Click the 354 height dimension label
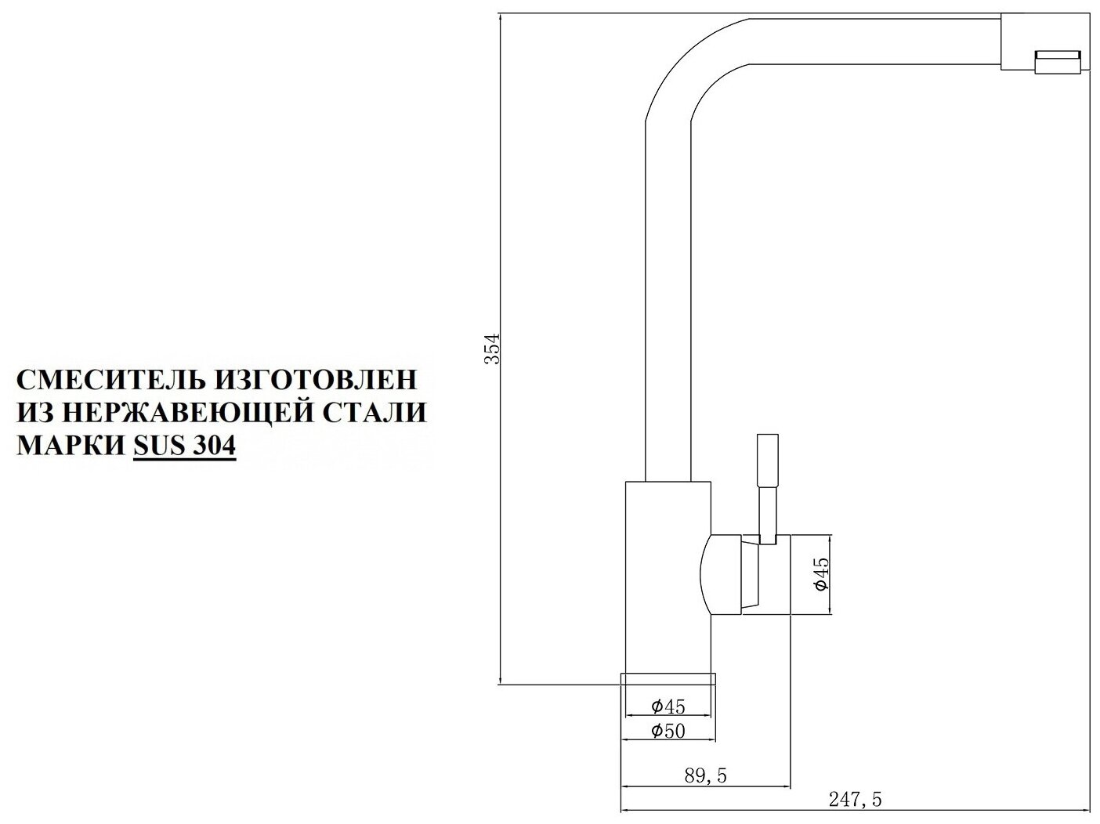click(491, 349)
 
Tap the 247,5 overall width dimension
click(860, 800)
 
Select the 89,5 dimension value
click(705, 775)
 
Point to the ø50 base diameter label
click(668, 732)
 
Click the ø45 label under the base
click(668, 707)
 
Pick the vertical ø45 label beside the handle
click(820, 574)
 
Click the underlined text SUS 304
click(184, 445)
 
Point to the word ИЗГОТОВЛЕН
click(315, 380)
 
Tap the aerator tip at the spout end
click(1058, 62)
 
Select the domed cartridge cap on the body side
click(722, 576)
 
